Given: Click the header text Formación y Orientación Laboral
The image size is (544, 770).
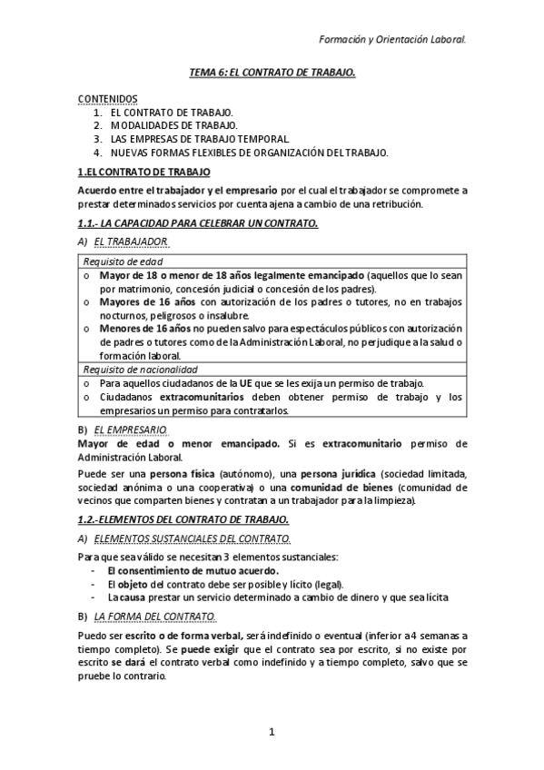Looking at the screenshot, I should pyautogui.click(x=393, y=39).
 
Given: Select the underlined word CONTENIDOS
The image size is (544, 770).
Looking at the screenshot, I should pyautogui.click(x=107, y=97).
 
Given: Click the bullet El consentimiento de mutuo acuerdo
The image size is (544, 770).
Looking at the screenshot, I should pyautogui.click(x=177, y=570).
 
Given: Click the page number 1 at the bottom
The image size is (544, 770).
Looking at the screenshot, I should pyautogui.click(x=272, y=732).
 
